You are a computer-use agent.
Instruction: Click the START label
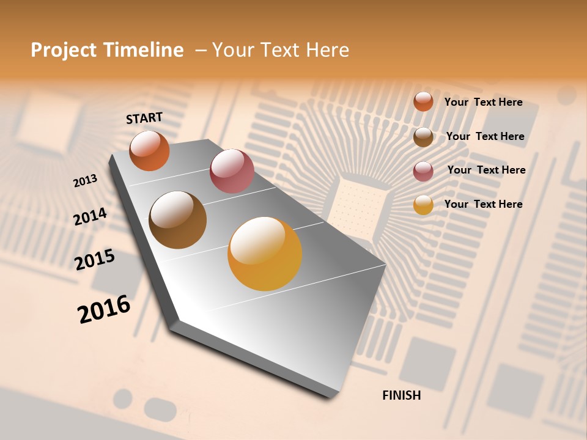pyautogui.click(x=144, y=118)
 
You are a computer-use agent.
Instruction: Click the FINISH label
pyautogui.click(x=401, y=395)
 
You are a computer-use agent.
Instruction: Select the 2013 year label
pyautogui.click(x=85, y=181)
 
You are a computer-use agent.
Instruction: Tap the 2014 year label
pyautogui.click(x=90, y=217)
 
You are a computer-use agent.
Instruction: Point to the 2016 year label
pyautogui.click(x=104, y=309)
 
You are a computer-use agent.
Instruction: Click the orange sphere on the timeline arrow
pyautogui.click(x=149, y=151)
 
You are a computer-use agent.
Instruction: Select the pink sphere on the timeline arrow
pyautogui.click(x=232, y=171)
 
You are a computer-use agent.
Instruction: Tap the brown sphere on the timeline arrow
pyautogui.click(x=178, y=220)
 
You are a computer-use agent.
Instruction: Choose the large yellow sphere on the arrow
pyautogui.click(x=265, y=254)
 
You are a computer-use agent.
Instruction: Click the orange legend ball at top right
pyautogui.click(x=423, y=101)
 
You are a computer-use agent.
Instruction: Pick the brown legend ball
pyautogui.click(x=423, y=137)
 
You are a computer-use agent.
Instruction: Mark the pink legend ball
pyautogui.click(x=423, y=171)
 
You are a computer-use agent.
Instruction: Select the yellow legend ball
pyautogui.click(x=423, y=205)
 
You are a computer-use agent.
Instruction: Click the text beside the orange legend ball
pyautogui.click(x=483, y=102)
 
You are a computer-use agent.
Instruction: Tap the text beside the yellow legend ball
pyautogui.click(x=483, y=204)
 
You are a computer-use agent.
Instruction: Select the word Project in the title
pyautogui.click(x=64, y=50)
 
